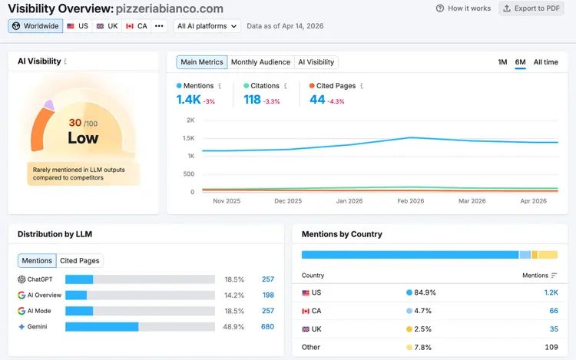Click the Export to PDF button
coord(531,8)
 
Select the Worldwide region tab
coord(35,26)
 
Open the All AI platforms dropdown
coord(207,26)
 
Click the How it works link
coord(463,8)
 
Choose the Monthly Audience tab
coord(260,62)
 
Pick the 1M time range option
coord(502,62)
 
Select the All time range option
coord(545,62)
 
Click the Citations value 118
coord(252,100)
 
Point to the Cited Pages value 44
coord(317,100)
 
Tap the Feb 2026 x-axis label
coord(411,201)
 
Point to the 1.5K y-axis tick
coord(189,138)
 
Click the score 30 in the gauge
coord(75,123)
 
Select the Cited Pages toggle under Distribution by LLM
coord(80,260)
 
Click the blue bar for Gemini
coord(102,326)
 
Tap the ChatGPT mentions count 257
coord(268,279)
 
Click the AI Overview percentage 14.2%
coord(234,295)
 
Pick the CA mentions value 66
coord(554,311)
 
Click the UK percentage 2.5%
coord(422,329)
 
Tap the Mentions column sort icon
coord(554,276)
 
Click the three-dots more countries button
coord(159,26)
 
